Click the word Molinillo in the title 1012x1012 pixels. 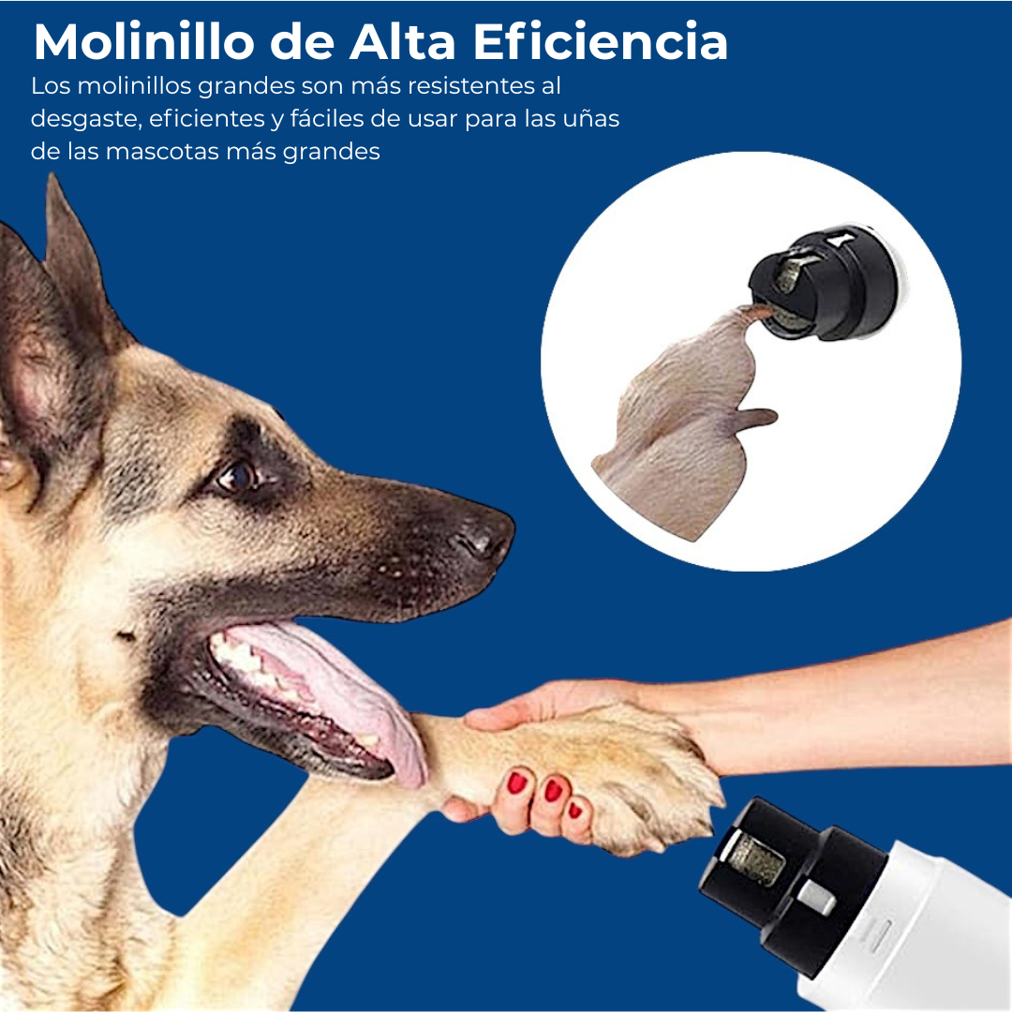click(144, 42)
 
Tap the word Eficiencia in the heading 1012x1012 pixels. click(601, 42)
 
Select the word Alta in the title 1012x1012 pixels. click(403, 42)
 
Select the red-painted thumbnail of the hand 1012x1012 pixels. click(517, 782)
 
